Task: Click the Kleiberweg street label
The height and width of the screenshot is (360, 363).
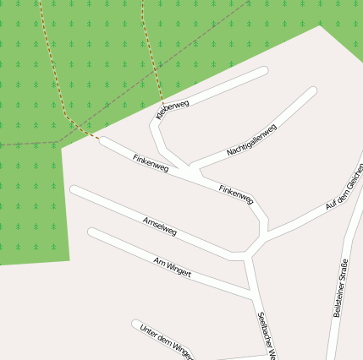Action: point(173,109)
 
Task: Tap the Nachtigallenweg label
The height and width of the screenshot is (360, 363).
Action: point(251,140)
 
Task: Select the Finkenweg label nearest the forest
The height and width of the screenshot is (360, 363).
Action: point(151,163)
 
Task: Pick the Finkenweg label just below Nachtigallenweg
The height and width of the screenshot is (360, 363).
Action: point(236,194)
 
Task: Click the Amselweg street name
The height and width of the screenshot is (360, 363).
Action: point(160,225)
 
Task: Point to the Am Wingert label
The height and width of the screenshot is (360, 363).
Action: point(172,266)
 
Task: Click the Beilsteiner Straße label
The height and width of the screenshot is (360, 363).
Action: point(342,287)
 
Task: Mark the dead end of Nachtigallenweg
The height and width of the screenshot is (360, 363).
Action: point(312,90)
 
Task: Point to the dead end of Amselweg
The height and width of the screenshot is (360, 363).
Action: point(74,190)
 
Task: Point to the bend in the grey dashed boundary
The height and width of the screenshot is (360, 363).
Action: point(58,141)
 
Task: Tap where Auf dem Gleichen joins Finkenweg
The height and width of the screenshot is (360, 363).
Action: point(267,232)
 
